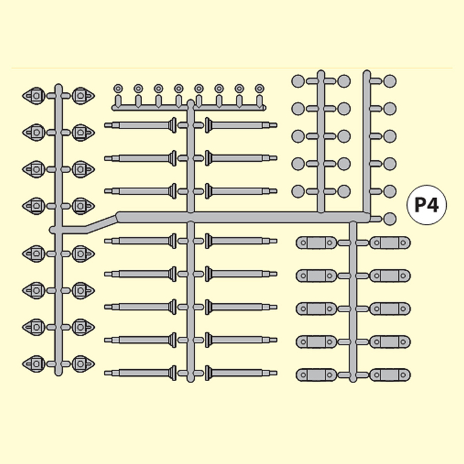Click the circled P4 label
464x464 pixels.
point(427,205)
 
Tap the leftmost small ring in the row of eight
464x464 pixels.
point(118,88)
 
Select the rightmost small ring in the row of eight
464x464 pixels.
point(260,88)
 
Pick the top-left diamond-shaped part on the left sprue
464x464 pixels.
point(34,96)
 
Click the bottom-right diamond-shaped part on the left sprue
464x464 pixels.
point(83,364)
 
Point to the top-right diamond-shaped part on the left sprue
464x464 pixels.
point(83,96)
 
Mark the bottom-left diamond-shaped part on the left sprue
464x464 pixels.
point(34,364)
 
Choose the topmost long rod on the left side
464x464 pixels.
point(141,125)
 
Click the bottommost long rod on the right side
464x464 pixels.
point(241,373)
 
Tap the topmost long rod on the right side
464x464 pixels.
point(241,125)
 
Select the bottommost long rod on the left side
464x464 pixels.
point(141,373)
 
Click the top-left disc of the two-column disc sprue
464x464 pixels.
point(298,81)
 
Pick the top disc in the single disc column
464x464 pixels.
point(390,81)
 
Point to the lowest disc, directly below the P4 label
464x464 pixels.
point(390,219)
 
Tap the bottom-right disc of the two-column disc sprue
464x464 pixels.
point(344,191)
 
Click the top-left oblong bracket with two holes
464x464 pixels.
point(316,243)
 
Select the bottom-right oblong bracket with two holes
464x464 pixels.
point(390,375)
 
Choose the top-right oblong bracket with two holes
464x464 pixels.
point(390,243)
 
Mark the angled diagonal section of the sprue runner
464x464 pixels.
point(101,224)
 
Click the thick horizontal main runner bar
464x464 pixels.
point(243,217)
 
